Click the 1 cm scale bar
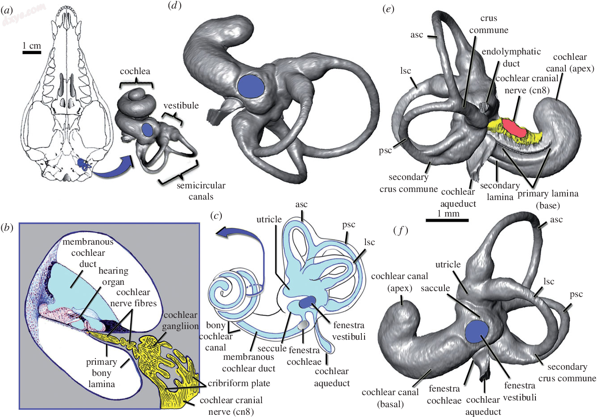(32, 53)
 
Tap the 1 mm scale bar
(447, 220)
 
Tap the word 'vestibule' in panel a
(181, 105)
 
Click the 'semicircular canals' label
(201, 191)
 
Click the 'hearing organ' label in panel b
(113, 276)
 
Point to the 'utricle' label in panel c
(269, 219)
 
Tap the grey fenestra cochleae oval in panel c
(303, 325)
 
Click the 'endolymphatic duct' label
(511, 57)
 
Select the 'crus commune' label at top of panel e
(489, 24)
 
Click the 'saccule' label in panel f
(435, 288)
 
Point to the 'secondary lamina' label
(500, 191)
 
